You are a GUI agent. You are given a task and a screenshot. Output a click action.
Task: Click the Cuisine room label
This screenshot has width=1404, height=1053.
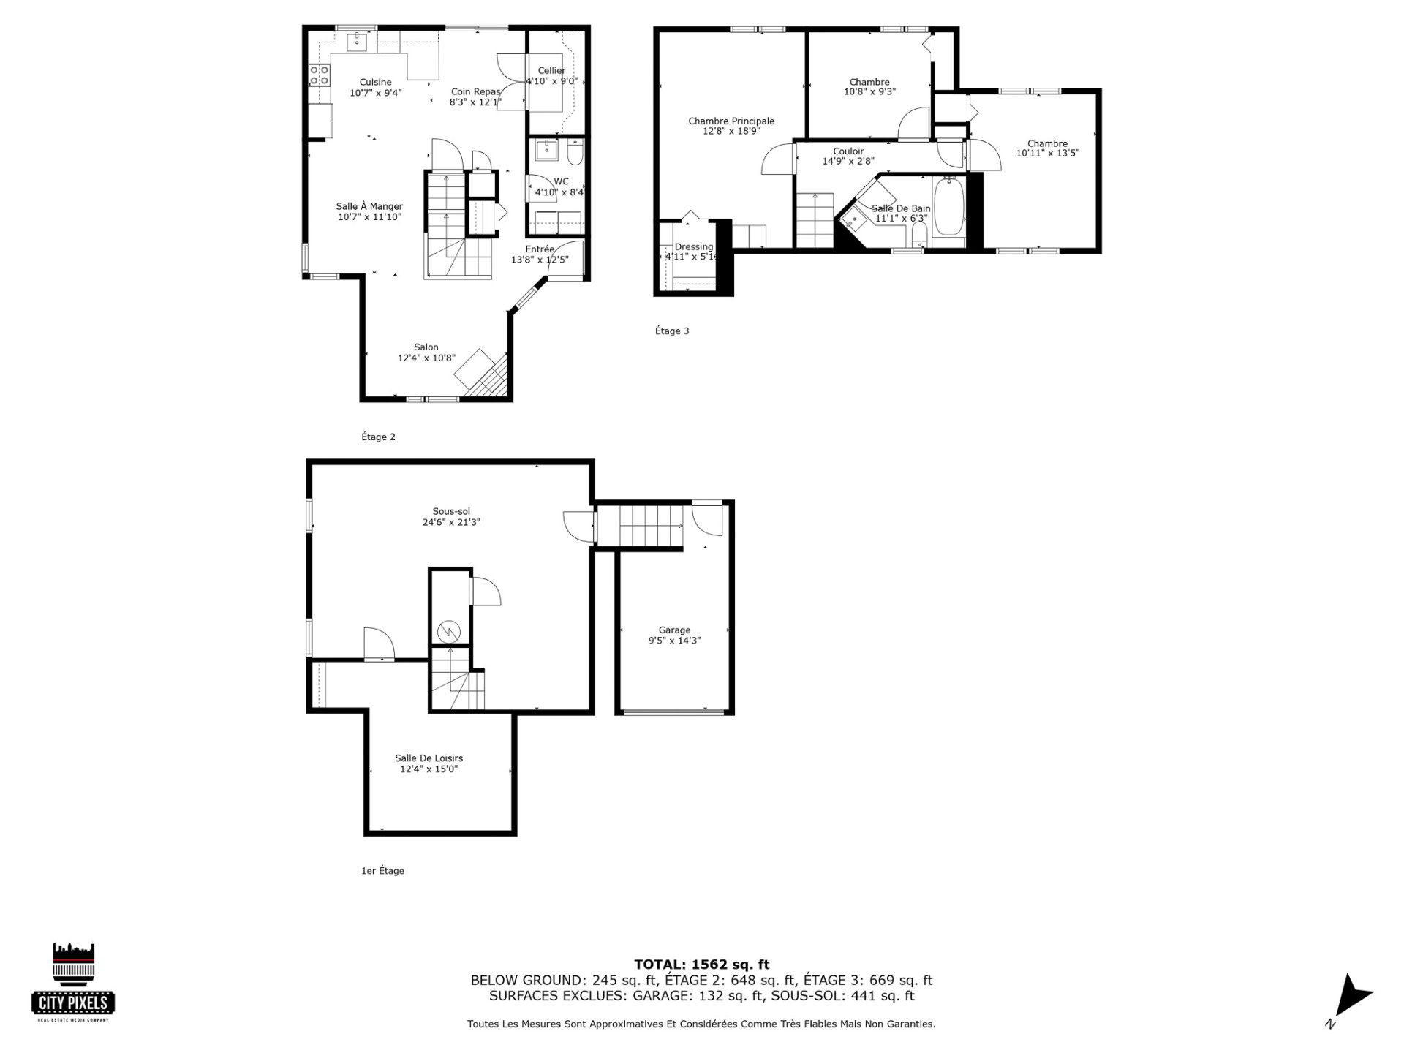coord(375,82)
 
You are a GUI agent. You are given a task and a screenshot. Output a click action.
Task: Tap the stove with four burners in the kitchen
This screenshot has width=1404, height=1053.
coord(320,74)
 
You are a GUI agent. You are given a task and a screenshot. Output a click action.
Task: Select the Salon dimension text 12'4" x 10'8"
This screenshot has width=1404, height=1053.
coord(426,358)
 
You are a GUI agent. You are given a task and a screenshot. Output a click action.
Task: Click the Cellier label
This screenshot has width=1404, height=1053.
coord(551,71)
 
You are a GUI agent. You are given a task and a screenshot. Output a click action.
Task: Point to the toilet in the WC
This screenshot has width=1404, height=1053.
coord(575,153)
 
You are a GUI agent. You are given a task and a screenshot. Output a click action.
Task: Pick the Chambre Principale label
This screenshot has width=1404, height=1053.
coord(731,121)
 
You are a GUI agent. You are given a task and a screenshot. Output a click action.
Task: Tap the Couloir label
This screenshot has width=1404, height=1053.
coord(848,151)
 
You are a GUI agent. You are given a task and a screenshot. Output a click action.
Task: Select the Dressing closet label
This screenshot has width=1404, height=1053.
coord(693,247)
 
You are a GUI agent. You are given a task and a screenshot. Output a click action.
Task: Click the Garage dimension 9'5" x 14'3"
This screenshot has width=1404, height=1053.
coord(674,641)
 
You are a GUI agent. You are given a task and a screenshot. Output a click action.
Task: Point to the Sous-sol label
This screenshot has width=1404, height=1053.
coord(451,512)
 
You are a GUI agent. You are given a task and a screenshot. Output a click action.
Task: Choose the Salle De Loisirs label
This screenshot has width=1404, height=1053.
coord(429,758)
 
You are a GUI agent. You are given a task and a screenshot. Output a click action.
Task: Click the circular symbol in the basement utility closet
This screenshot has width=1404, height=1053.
coord(447,630)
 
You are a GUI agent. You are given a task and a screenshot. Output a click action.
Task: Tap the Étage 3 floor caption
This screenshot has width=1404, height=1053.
coord(672,331)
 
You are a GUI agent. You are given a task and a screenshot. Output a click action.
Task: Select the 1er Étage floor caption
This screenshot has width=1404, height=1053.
coord(382,871)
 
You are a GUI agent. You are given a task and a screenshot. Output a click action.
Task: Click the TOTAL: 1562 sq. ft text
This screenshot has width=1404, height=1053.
coord(701,965)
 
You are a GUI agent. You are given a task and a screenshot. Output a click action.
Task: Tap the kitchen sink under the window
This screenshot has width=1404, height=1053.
coord(358,41)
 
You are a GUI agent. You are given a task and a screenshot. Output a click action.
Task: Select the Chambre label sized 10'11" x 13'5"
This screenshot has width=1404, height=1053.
coord(1047,144)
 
